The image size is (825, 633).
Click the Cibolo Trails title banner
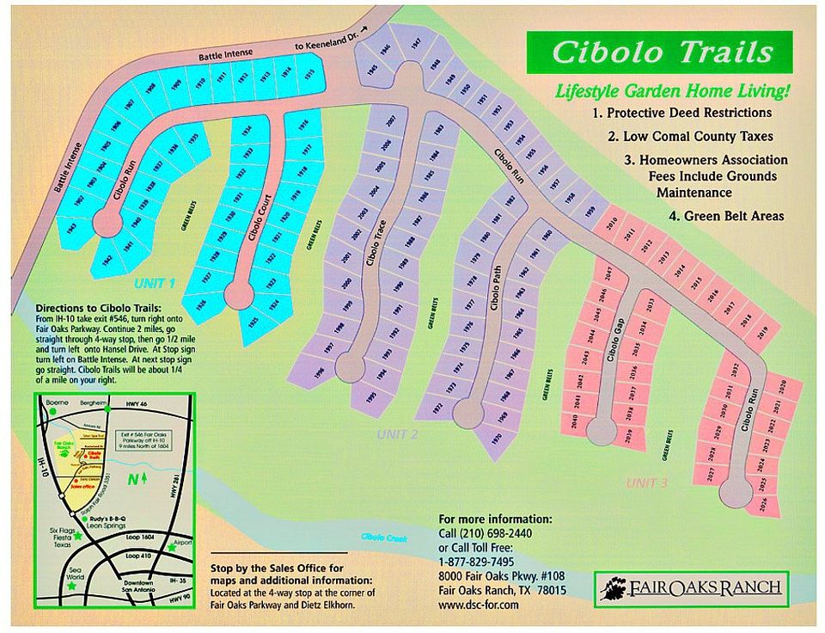point(662,52)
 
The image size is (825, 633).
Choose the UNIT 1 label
point(155,283)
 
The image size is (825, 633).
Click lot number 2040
point(575,421)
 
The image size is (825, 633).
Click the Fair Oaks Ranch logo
point(691,588)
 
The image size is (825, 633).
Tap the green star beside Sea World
point(70,585)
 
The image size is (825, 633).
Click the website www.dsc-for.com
point(479,605)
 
